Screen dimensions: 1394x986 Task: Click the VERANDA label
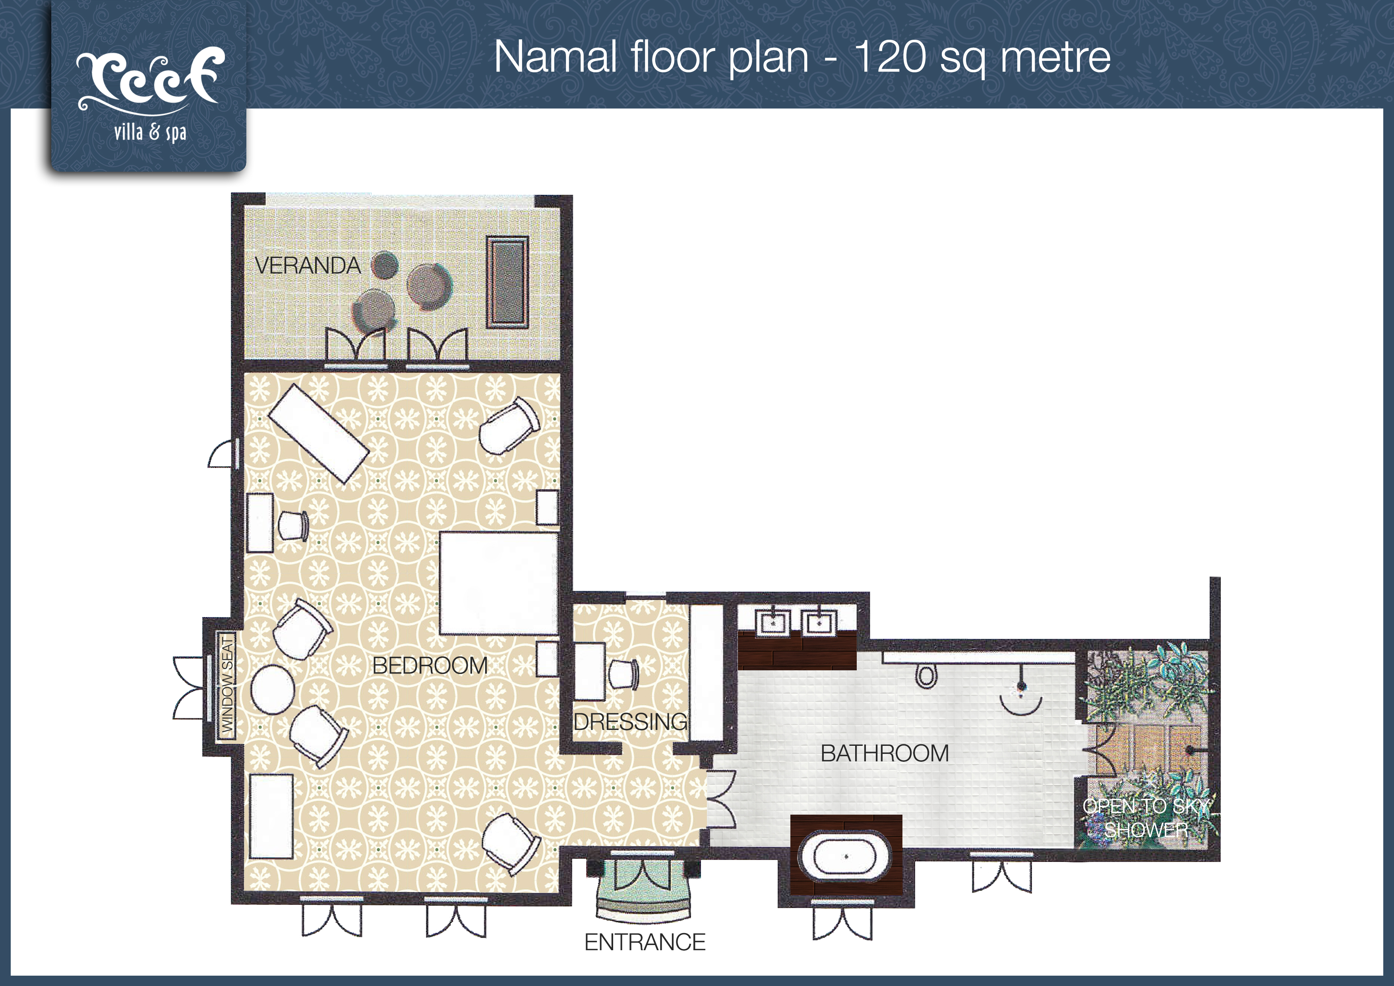[308, 266]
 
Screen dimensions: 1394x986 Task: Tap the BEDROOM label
[430, 666]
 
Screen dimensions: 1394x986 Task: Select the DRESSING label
[631, 722]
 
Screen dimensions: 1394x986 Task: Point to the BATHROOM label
[885, 753]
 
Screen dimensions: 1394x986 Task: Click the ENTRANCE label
[645, 942]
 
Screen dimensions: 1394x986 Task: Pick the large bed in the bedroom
[498, 583]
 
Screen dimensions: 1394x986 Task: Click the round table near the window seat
[273, 689]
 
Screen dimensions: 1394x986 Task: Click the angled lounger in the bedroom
[319, 434]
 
